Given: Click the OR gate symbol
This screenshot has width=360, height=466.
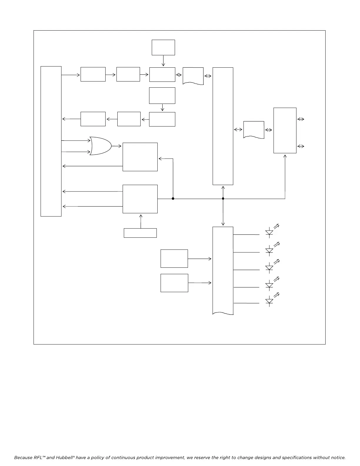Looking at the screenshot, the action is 101,146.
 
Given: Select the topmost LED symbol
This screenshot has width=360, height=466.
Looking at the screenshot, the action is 269,232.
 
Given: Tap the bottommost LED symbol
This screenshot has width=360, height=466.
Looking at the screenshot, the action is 269,301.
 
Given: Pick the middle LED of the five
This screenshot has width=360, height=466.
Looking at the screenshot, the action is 269,268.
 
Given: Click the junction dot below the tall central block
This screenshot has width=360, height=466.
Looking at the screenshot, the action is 223,199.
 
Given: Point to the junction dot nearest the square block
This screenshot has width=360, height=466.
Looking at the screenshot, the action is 173,199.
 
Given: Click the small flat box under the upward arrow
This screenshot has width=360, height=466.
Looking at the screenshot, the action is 140,233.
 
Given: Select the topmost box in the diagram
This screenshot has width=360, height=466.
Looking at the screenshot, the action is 163,47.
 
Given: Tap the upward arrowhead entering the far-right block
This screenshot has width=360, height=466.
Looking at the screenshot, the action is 285,156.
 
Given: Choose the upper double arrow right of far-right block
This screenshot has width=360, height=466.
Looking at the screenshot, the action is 301,119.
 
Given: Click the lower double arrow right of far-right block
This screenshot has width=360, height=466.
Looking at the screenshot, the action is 301,146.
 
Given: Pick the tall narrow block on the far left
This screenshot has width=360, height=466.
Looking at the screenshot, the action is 51,141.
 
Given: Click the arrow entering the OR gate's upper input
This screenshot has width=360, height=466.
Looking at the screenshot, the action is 76,141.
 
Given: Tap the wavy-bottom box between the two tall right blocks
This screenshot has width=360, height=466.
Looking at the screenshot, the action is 254,129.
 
